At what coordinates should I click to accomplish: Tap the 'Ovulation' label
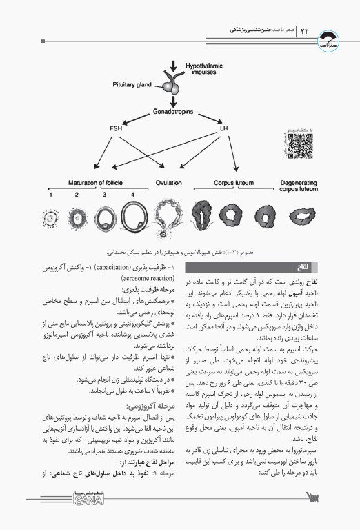point(168,183)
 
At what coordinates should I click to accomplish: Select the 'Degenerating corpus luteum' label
point(297,186)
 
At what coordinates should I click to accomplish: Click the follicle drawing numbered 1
point(50,220)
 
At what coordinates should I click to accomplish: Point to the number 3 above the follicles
point(105,195)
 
